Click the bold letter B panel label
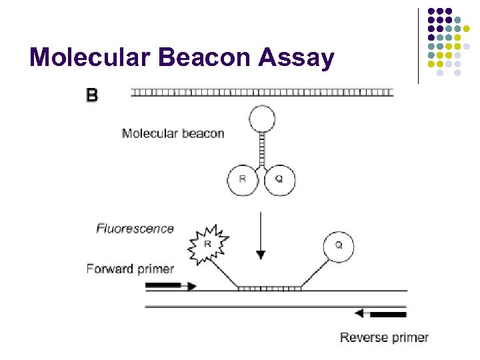(92, 95)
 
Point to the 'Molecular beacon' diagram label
(173, 133)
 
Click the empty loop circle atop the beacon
(261, 120)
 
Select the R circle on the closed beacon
(243, 179)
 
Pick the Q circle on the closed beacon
(280, 179)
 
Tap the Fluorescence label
(135, 229)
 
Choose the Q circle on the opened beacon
(338, 245)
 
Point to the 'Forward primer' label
(130, 269)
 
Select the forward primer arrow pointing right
(171, 286)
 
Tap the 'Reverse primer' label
(384, 337)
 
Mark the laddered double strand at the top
(262, 91)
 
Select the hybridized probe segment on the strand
(270, 289)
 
